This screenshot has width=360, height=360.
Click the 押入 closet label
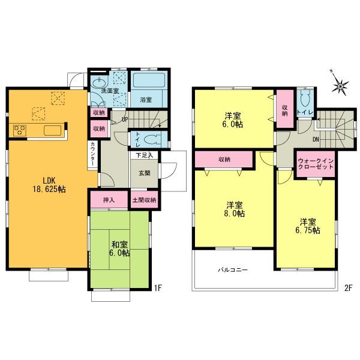click(x=109, y=200)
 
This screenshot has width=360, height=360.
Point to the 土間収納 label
click(x=144, y=200)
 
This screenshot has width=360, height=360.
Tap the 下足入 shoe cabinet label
click(x=144, y=156)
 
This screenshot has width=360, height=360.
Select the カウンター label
click(x=94, y=154)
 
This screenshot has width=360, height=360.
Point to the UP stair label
click(x=124, y=119)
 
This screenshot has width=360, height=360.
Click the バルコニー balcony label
click(x=233, y=270)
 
